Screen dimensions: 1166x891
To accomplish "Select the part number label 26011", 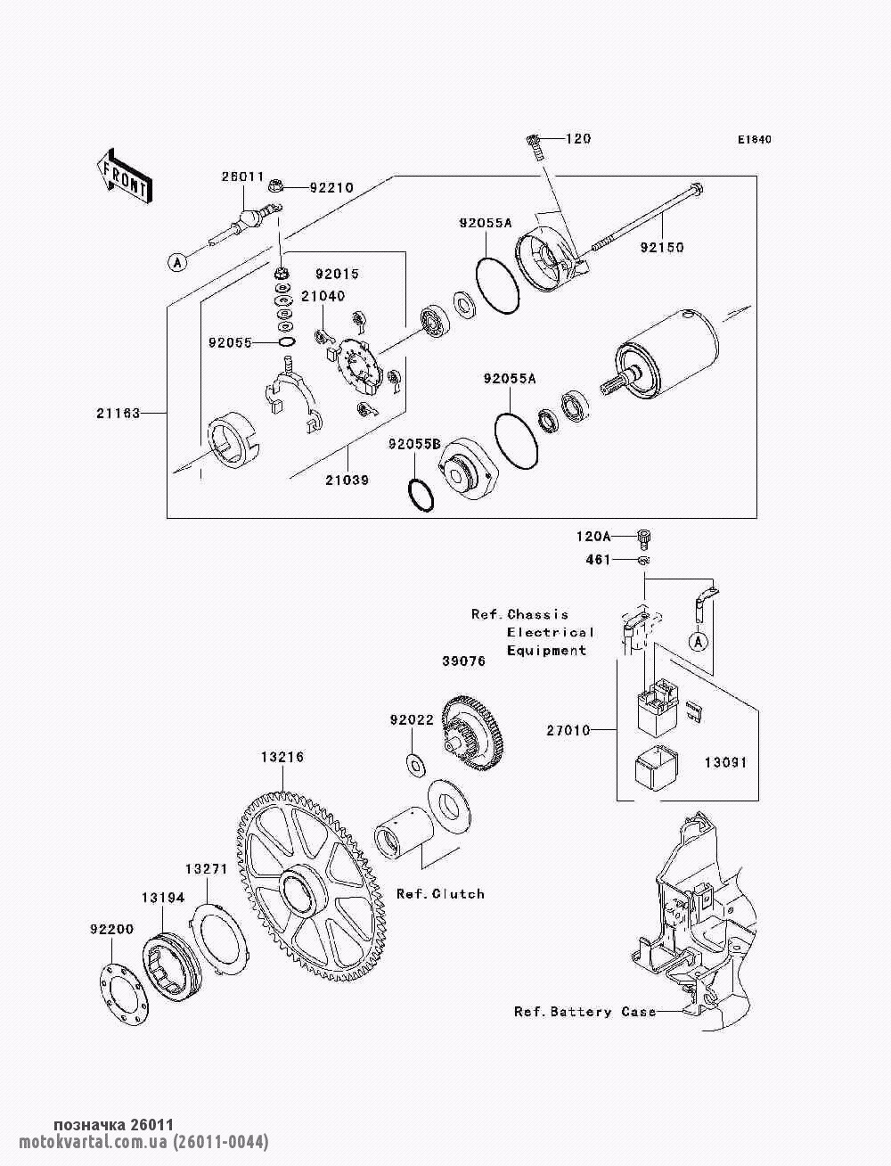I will point(242,177).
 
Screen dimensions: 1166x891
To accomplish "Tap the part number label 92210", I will point(331,188).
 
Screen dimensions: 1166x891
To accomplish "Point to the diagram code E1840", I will point(754,140).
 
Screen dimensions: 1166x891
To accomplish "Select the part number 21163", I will point(119,413).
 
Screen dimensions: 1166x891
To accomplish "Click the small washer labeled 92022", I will point(415,763).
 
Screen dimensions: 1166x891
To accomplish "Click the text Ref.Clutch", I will point(440,893).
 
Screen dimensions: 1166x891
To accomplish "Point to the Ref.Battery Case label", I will point(584,1012).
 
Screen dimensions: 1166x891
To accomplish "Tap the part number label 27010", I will point(568,731).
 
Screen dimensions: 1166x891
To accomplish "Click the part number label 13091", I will point(725,763).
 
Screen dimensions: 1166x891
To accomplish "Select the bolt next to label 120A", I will point(644,536).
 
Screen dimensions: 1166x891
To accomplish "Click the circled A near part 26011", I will point(177,261).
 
